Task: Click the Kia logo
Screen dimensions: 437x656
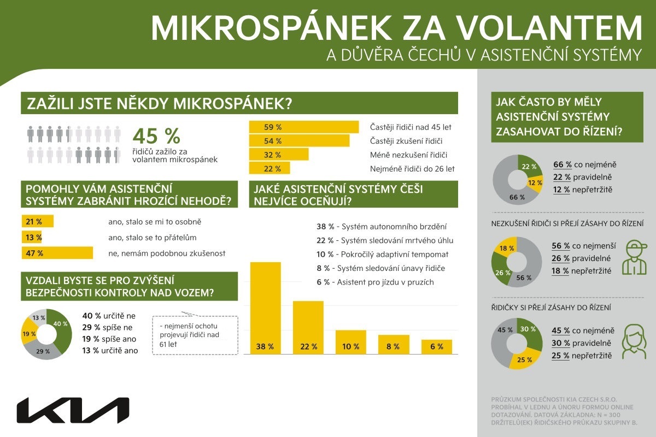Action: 73,410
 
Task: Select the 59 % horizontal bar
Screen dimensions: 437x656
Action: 304,127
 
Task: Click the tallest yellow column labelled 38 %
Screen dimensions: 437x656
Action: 265,309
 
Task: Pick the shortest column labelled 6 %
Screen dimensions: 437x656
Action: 436,347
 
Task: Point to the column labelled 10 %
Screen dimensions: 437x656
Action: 350,342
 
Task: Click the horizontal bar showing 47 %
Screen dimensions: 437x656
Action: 57,253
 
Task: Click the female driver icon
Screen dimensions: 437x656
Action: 632,341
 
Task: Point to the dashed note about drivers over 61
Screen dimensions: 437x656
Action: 195,335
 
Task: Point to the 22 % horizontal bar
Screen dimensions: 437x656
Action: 270,168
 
